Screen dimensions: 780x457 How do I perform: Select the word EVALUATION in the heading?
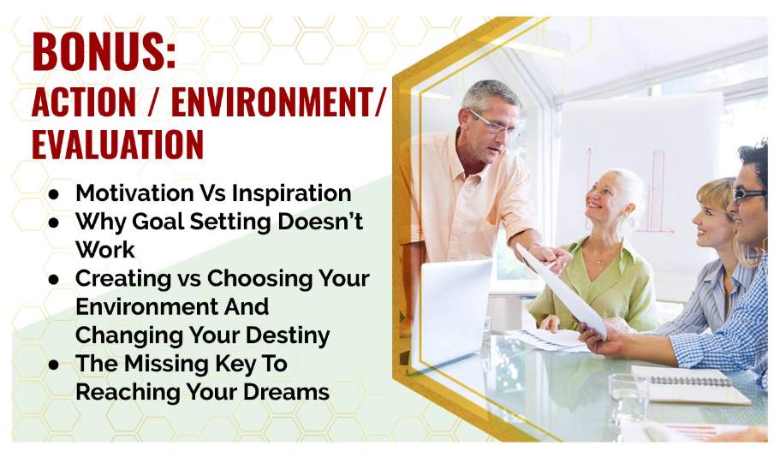[x=118, y=145]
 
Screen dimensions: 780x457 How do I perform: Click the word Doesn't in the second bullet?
[x=320, y=222]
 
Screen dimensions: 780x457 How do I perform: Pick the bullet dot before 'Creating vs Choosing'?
[x=54, y=280]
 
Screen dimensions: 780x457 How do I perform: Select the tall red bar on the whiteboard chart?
[x=658, y=191]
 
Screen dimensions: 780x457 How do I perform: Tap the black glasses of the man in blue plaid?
[x=748, y=194]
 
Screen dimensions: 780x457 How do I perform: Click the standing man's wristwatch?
[x=533, y=246]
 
